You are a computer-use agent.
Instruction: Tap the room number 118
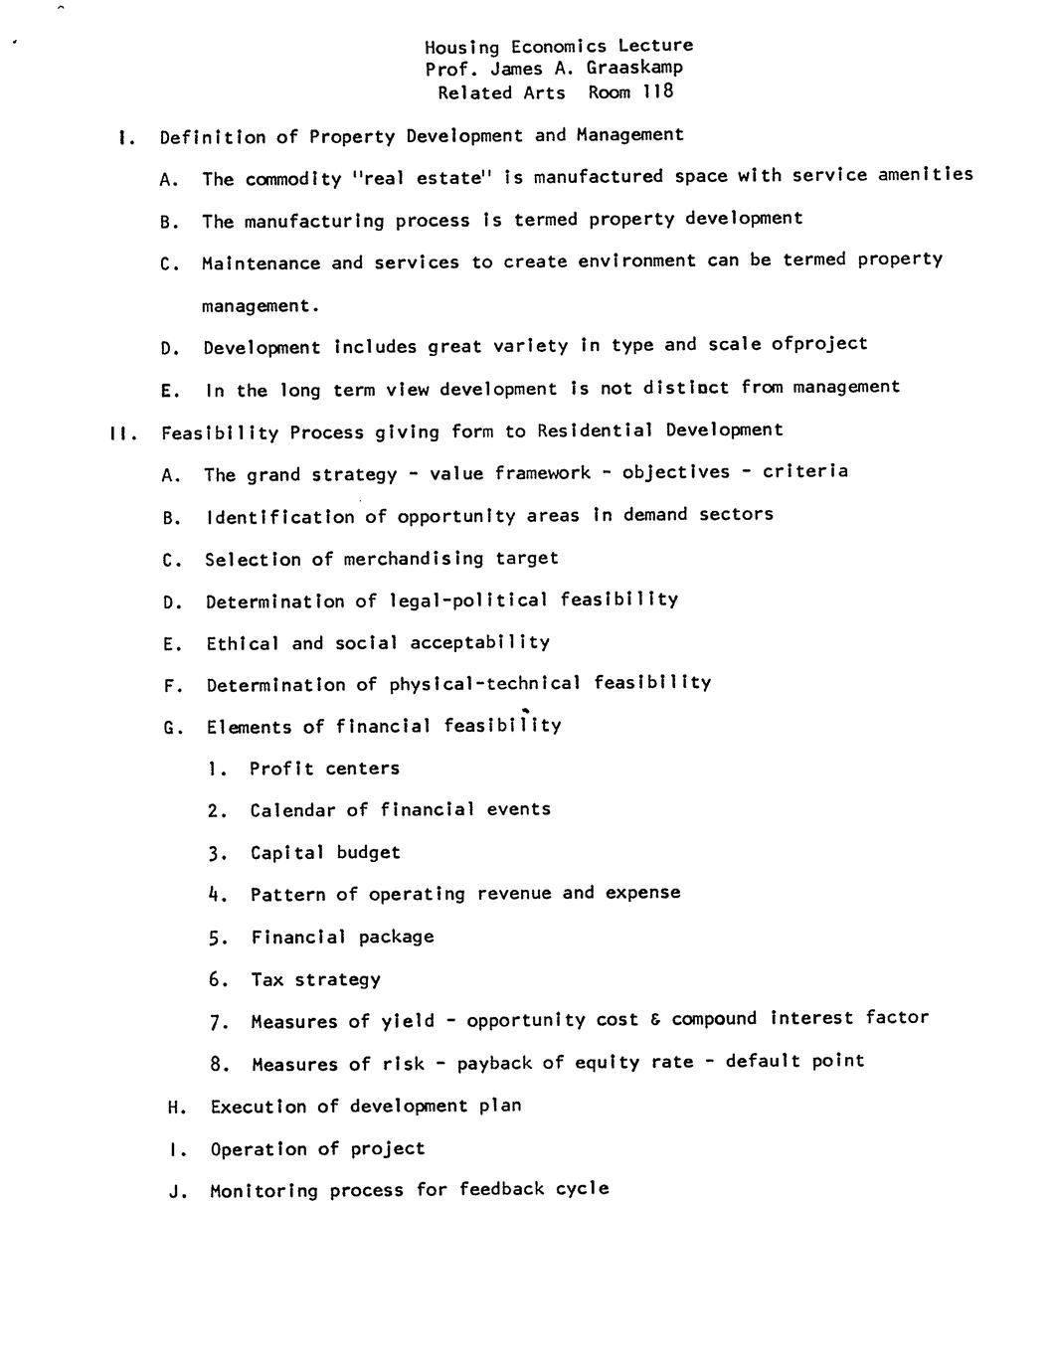click(658, 91)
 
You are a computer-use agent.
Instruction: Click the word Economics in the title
click(558, 46)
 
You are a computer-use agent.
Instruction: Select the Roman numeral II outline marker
click(119, 432)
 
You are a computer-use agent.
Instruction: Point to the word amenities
click(925, 174)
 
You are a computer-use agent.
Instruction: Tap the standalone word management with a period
click(261, 305)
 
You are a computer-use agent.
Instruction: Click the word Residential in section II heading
click(595, 429)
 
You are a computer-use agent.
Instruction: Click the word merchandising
click(414, 559)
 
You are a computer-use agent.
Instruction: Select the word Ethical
click(243, 643)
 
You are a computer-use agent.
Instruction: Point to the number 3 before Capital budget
click(216, 853)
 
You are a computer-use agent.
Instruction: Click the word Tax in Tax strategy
click(266, 979)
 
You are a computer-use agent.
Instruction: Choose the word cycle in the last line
click(583, 1188)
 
